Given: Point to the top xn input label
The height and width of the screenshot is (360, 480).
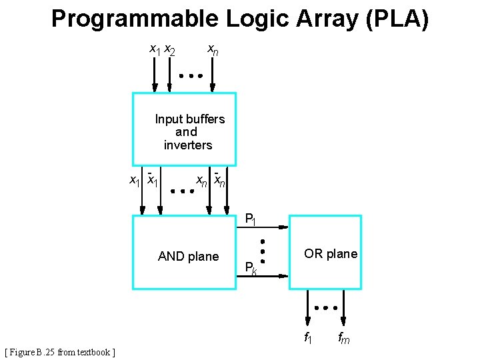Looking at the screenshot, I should point(212,50).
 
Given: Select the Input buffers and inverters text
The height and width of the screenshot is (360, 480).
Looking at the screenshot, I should point(189,132).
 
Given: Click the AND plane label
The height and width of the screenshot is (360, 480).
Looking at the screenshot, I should point(188,257).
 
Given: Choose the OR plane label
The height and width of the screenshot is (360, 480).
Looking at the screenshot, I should point(331,254).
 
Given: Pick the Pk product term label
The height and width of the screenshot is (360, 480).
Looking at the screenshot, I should point(251,269).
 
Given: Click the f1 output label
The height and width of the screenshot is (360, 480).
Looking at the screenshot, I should point(308,337).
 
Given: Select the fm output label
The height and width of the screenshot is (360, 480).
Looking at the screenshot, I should point(343,338).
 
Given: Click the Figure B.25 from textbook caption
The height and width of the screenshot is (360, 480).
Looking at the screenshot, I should point(60,352).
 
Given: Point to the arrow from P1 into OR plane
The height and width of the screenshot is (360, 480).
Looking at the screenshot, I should point(263,227).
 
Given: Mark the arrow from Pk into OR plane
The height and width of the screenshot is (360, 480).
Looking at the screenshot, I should point(263,275).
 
